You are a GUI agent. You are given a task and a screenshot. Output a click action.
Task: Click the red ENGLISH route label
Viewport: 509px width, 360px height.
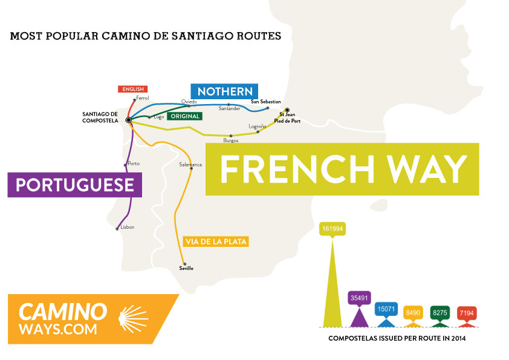[132, 89]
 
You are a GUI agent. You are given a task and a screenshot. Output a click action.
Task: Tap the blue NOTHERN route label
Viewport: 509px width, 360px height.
[224, 91]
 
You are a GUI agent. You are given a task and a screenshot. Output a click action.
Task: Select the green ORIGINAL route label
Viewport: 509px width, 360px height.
[185, 116]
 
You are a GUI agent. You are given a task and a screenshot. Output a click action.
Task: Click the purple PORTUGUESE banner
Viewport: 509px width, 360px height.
[75, 185]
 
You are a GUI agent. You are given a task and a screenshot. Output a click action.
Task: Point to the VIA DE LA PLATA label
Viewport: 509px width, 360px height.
[216, 241]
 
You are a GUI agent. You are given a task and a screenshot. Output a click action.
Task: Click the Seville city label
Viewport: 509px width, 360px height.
[187, 268]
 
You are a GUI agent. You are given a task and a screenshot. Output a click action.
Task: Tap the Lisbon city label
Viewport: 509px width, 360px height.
[127, 227]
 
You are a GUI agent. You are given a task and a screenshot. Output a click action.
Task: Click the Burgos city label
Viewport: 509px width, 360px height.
[231, 140]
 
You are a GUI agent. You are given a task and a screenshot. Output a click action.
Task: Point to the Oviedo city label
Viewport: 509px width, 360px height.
[189, 101]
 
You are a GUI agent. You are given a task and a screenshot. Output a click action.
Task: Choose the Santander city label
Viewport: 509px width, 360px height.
[230, 108]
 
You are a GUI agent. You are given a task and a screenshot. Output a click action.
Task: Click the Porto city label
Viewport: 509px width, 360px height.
[134, 163]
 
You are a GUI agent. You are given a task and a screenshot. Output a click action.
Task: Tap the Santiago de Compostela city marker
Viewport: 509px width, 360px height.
[129, 120]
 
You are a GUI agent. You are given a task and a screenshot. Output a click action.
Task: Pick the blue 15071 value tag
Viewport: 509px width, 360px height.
[386, 309]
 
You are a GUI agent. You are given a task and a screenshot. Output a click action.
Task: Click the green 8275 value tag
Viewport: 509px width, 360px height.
[439, 312]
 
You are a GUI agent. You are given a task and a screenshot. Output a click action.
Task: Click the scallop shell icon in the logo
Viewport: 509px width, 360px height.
[135, 317]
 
